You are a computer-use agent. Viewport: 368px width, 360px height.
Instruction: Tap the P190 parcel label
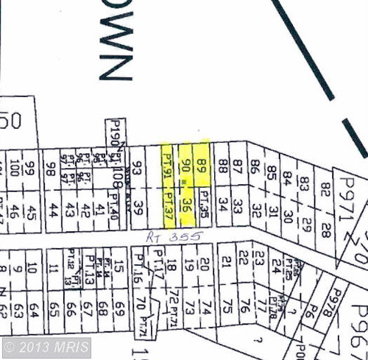tap(113, 135)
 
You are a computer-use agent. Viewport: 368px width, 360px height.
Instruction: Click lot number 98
tap(51, 169)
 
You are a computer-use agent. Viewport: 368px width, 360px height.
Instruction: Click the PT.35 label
tap(205, 204)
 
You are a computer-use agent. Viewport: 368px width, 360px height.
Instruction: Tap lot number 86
tap(255, 169)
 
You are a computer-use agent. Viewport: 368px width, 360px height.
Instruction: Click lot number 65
tap(52, 303)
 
